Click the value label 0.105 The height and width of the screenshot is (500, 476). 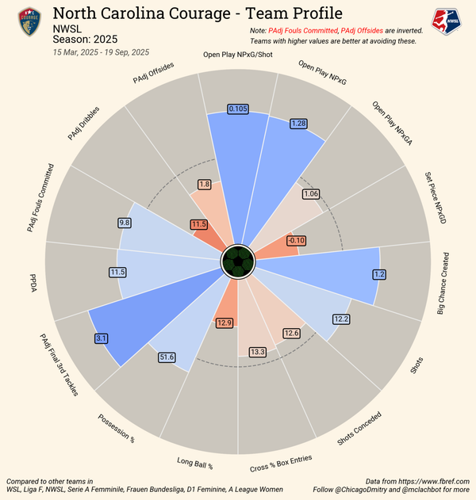click(237, 109)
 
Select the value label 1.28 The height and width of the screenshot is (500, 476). click(299, 124)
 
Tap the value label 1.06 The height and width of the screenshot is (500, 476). click(311, 193)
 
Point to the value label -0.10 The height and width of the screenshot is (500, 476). click(296, 240)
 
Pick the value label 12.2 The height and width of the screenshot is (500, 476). click(341, 319)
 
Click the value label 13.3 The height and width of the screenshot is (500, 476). click(258, 351)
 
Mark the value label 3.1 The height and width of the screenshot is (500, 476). click(102, 338)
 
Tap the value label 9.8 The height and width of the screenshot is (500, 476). click(124, 223)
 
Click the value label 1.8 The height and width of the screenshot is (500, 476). click(204, 185)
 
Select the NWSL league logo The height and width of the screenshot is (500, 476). click(446, 21)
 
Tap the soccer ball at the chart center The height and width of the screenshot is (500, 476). click(236, 260)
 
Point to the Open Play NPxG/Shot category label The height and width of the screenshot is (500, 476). click(238, 55)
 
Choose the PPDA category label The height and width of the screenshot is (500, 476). click(34, 288)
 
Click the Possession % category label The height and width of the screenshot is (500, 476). click(117, 429)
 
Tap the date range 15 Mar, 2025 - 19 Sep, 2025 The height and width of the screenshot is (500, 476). click(101, 52)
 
